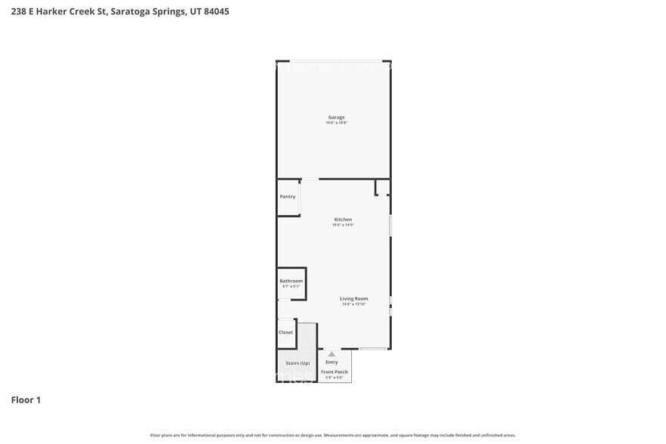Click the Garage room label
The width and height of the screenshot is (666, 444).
coord(336,117)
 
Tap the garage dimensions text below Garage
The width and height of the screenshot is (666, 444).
coord(336,122)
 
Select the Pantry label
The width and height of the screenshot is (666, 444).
coord(288,196)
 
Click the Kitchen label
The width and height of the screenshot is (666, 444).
coord(343,220)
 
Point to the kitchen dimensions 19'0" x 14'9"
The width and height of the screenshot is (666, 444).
coord(343,225)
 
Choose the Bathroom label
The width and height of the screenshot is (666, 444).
coord(291,281)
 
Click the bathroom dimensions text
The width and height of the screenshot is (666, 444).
coord(291,286)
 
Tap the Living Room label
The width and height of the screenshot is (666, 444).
coord(353,299)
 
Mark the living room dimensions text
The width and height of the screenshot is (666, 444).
coord(353,304)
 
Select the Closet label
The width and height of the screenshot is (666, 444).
coord(285,332)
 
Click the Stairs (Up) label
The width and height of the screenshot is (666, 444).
coord(298,363)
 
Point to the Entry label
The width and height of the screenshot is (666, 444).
coord(331,362)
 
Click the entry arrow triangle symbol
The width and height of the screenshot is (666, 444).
coord(331,353)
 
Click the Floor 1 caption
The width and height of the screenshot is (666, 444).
coord(26,399)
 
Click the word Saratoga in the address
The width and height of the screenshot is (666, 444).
coord(129,11)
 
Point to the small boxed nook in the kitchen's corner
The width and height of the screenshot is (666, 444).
coord(382,187)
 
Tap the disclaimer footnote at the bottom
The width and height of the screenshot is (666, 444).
coord(332,435)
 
